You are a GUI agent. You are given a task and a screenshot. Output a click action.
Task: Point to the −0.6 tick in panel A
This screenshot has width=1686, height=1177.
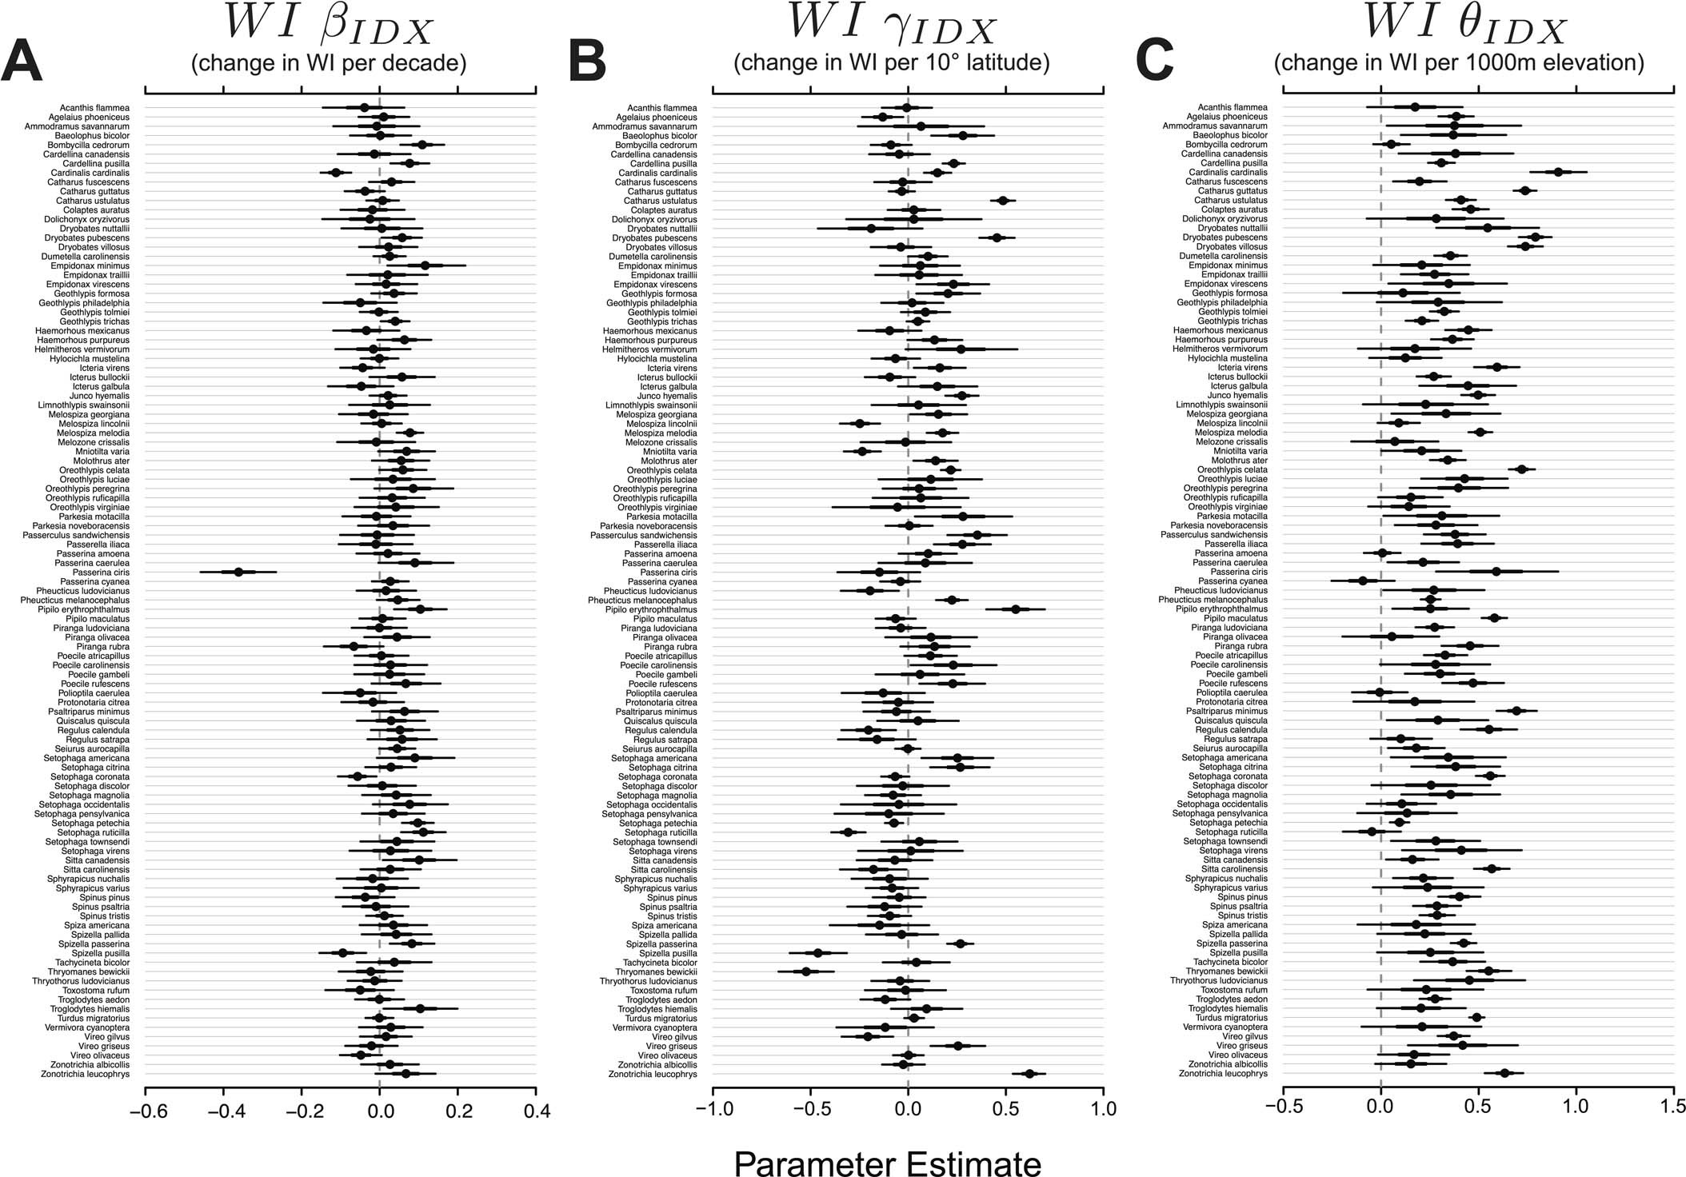tap(145, 1111)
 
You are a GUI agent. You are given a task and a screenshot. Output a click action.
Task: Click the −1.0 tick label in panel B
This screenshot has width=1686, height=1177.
tap(712, 1111)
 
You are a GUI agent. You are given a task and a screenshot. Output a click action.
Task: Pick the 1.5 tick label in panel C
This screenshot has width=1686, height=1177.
tap(1674, 1111)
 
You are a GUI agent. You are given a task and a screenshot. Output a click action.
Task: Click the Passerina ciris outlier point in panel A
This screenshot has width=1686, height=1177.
tap(238, 572)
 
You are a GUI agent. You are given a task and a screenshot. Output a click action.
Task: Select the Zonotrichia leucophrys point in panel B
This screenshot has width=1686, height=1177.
tap(1029, 1074)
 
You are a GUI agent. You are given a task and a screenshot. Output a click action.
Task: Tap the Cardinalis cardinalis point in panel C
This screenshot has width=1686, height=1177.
tap(1558, 172)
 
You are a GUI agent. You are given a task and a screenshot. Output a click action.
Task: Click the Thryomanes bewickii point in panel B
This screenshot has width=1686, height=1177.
tap(806, 972)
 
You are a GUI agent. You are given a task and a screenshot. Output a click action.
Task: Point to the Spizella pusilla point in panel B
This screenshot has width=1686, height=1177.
tap(817, 953)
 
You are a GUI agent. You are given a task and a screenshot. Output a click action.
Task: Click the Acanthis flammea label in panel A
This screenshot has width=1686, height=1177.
tap(94, 107)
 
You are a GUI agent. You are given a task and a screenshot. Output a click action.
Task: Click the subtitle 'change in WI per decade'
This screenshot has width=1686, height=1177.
tap(329, 62)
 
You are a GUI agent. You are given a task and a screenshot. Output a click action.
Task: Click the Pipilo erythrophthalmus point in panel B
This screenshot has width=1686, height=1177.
tap(1016, 609)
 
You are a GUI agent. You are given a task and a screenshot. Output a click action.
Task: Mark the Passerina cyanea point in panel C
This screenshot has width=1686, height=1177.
tap(1363, 581)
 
